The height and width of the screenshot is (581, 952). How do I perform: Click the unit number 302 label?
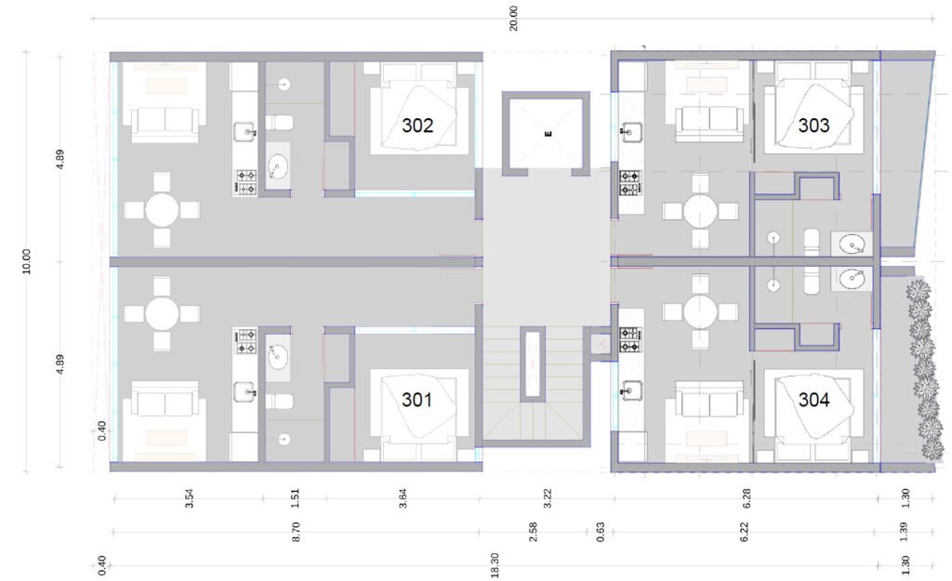coord(417,125)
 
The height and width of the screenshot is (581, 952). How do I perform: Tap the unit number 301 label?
coord(416,400)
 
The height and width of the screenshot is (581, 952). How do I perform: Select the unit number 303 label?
coord(813,125)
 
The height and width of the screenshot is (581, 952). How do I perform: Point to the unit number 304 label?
coord(813,400)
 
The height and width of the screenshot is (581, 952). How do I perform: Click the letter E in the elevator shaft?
coord(549,134)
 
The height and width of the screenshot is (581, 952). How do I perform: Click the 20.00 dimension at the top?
coord(513,19)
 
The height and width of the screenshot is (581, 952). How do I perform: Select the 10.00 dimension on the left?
coord(26,261)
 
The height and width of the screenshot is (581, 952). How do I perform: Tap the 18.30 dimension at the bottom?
coord(495,565)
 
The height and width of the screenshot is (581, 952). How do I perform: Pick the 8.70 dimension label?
coord(297,532)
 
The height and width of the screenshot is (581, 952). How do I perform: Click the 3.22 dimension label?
coord(548,498)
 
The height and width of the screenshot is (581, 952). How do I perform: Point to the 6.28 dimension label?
coord(747,498)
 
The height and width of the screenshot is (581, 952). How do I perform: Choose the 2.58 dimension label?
coord(533,532)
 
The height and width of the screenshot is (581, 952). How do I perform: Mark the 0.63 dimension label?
coord(601,532)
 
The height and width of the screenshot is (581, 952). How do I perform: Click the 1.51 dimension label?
coord(295,498)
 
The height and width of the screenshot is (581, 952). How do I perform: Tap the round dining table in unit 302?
coord(162,211)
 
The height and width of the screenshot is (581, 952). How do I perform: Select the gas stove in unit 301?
coord(245,341)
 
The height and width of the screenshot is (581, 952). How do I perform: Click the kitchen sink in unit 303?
coord(632,131)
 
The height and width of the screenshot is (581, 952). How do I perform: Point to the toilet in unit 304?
coord(812,279)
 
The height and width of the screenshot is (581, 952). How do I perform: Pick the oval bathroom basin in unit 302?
coord(279,165)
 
